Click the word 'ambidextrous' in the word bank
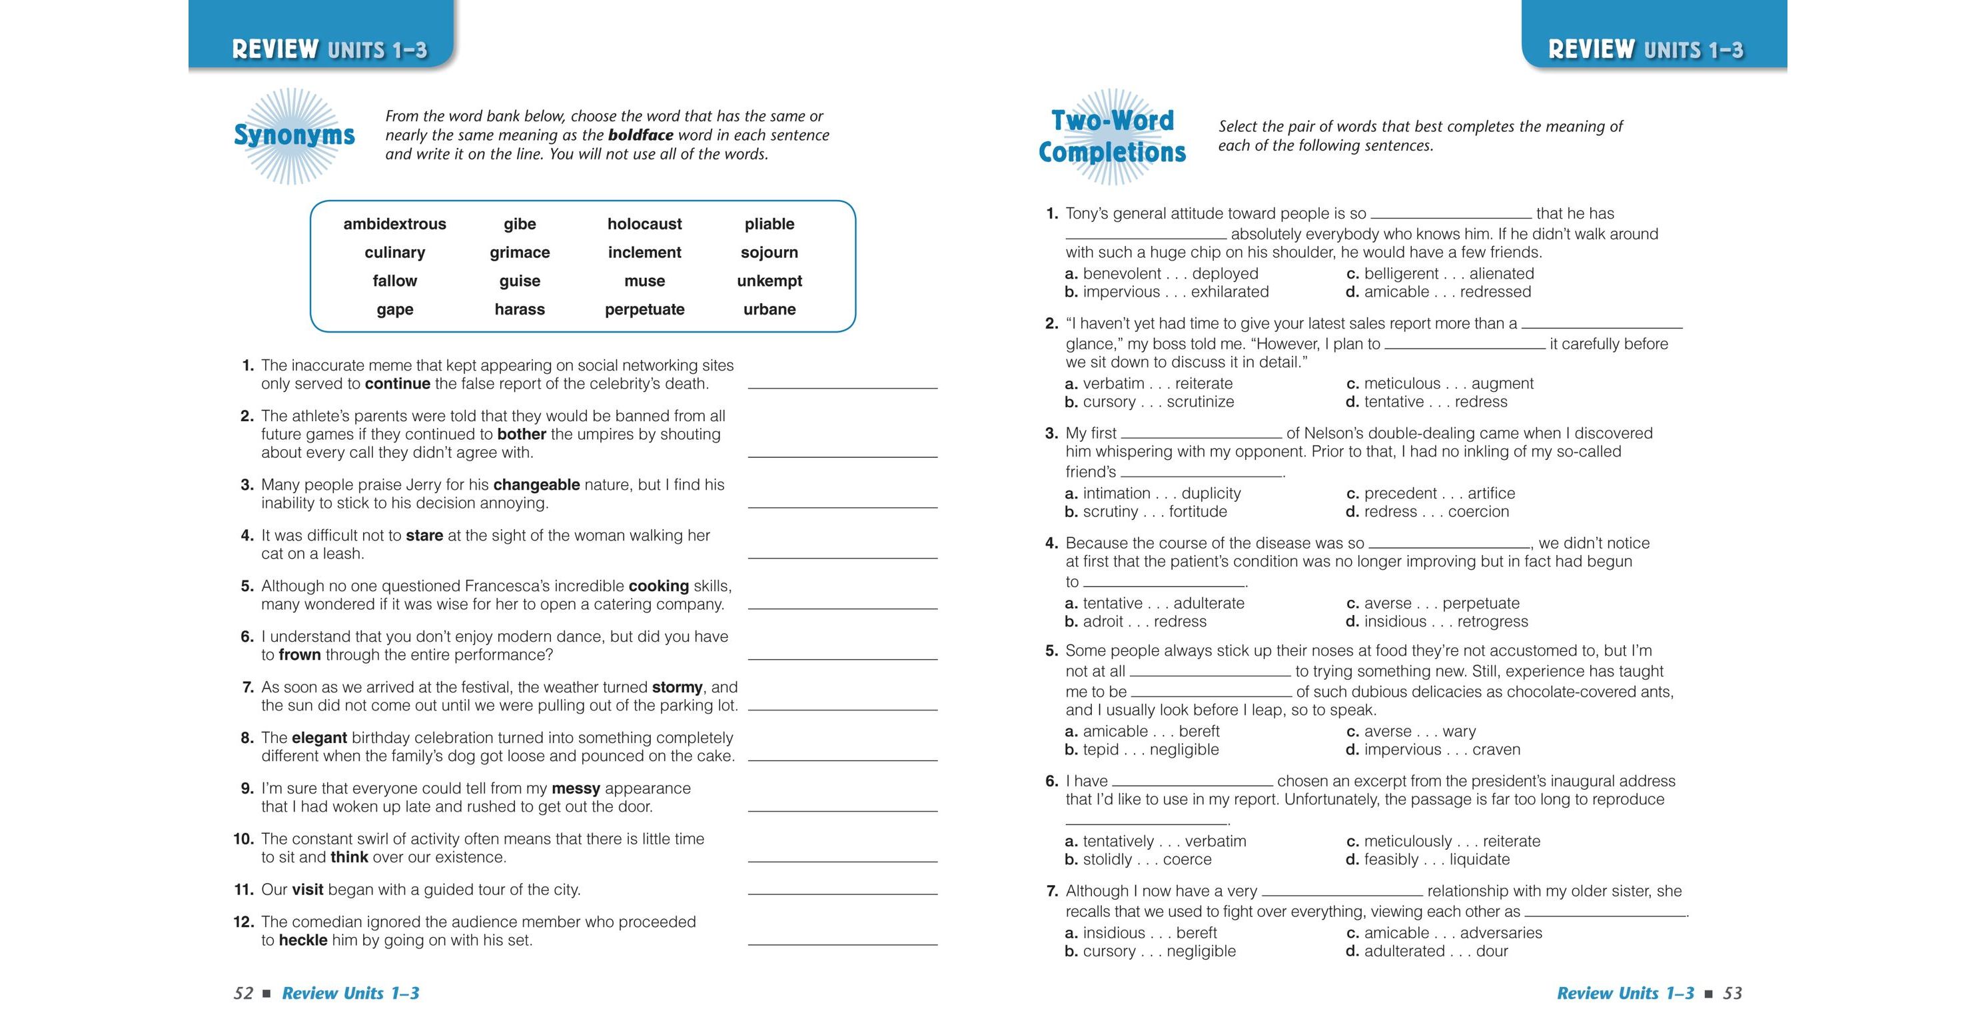[x=394, y=224]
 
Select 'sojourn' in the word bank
[x=769, y=253]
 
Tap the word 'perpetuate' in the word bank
[x=644, y=309]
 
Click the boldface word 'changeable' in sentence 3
[x=536, y=485]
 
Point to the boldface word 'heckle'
[x=302, y=940]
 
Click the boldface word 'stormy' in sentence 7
[x=677, y=687]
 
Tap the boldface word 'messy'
[x=576, y=788]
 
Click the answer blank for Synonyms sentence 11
[x=842, y=889]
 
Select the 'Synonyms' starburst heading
[x=294, y=136]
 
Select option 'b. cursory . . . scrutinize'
[x=1149, y=402]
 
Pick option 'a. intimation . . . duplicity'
[x=1152, y=493]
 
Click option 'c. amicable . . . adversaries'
[x=1443, y=933]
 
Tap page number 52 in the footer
[x=243, y=994]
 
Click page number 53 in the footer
[x=1732, y=994]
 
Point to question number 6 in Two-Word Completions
[x=1051, y=782]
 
